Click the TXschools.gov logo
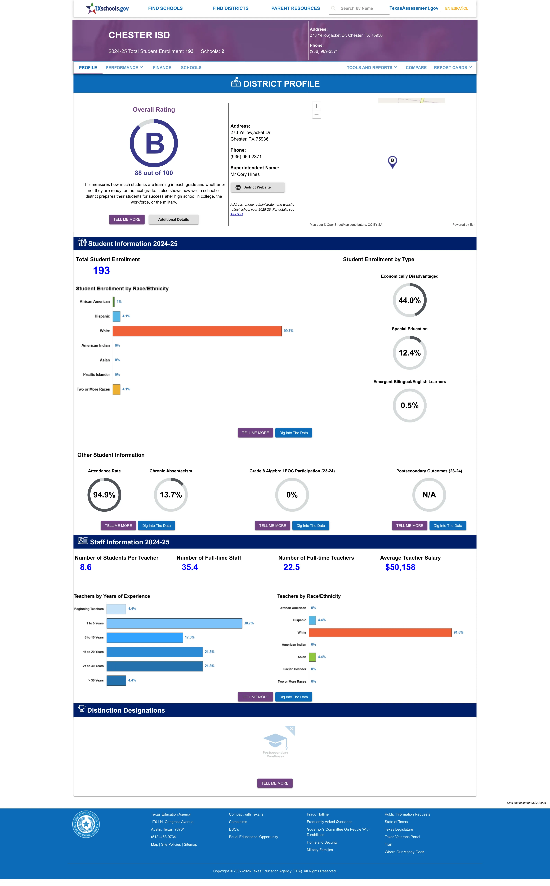(107, 8)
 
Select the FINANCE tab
(162, 68)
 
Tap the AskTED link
(236, 214)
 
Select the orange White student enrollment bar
(197, 331)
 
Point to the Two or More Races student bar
(116, 389)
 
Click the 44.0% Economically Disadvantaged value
(410, 300)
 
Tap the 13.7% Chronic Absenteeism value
(171, 495)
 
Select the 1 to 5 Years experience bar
(174, 623)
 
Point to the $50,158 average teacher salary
(400, 567)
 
